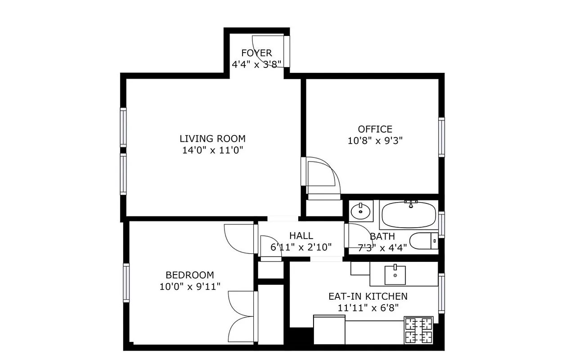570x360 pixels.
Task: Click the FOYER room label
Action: pyautogui.click(x=256, y=53)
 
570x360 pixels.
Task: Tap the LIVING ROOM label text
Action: pyautogui.click(x=212, y=139)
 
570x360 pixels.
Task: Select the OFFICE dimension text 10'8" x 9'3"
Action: pyautogui.click(x=375, y=140)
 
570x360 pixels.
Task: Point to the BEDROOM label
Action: pyautogui.click(x=189, y=275)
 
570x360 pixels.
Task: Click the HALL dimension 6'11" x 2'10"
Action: pyautogui.click(x=301, y=247)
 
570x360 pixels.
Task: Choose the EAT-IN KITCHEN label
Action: pyautogui.click(x=368, y=297)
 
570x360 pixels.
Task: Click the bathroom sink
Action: pyautogui.click(x=360, y=210)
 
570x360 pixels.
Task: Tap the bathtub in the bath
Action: pyautogui.click(x=408, y=215)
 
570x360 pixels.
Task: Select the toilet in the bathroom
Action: pyautogui.click(x=423, y=241)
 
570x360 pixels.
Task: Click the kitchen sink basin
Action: pyautogui.click(x=395, y=275)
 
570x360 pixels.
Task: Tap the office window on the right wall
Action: pyautogui.click(x=441, y=137)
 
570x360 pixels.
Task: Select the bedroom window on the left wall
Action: pyautogui.click(x=126, y=283)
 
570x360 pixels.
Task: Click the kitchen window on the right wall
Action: pyautogui.click(x=441, y=293)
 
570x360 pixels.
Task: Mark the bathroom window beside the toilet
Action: pyautogui.click(x=441, y=224)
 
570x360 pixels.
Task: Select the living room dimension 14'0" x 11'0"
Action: pyautogui.click(x=212, y=150)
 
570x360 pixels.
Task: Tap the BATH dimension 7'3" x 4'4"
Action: pyautogui.click(x=382, y=247)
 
